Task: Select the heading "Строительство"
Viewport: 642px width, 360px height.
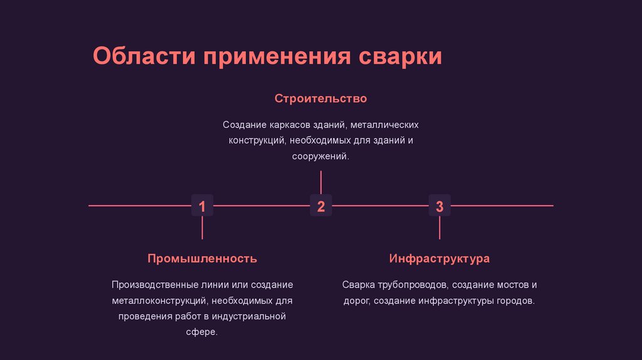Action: pyautogui.click(x=320, y=99)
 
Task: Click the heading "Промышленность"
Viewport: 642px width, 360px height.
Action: pyautogui.click(x=202, y=258)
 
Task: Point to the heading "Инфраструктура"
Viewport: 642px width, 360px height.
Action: pyautogui.click(x=439, y=258)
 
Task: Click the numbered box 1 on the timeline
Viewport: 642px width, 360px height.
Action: pyautogui.click(x=202, y=206)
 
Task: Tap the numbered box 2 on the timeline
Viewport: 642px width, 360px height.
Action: pyautogui.click(x=320, y=206)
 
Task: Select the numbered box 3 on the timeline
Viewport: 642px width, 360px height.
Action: pyautogui.click(x=439, y=206)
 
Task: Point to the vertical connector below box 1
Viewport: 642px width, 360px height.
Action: pyautogui.click(x=202, y=228)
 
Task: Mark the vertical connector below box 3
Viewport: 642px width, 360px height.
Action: pyautogui.click(x=439, y=228)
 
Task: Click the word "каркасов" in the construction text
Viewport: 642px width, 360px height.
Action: pyautogui.click(x=286, y=125)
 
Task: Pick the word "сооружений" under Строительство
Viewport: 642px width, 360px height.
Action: pyautogui.click(x=319, y=156)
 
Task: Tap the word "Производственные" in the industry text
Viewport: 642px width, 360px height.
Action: pyautogui.click(x=150, y=285)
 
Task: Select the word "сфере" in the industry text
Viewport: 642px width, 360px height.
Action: pyautogui.click(x=201, y=332)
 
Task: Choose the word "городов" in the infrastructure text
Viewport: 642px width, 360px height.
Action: pyautogui.click(x=515, y=300)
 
